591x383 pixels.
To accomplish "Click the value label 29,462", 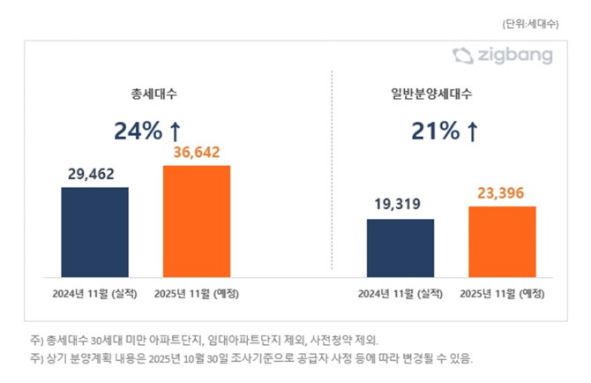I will point(94,175).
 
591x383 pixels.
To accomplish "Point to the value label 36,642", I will point(196,153).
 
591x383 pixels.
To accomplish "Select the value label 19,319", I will point(400,206).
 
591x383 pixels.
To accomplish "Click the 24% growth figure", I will point(138,131).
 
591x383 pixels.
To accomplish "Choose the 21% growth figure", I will point(435,131).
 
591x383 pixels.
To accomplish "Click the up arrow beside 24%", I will point(175,131).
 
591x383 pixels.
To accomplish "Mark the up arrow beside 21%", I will point(472,131).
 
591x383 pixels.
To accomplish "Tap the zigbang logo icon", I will point(463,56).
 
